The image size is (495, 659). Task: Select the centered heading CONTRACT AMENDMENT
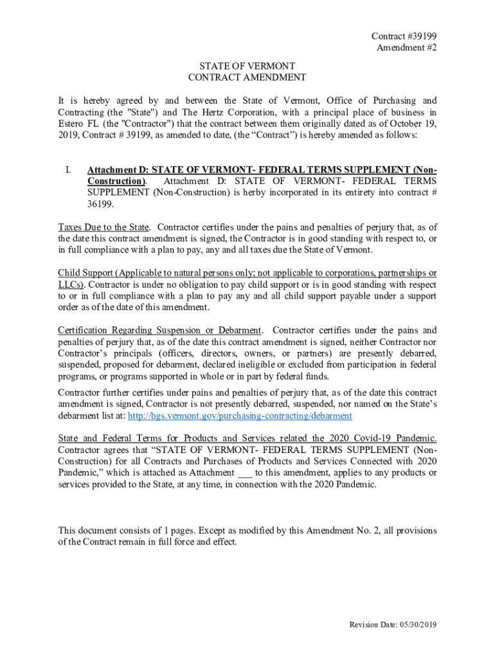pos(247,77)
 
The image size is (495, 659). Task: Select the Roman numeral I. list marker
pos(67,170)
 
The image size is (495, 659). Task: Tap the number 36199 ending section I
pos(100,205)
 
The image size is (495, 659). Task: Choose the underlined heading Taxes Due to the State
pos(104,227)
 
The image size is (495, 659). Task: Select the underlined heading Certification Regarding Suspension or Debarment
pos(159,331)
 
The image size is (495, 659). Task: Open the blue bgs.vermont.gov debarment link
pos(240,416)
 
